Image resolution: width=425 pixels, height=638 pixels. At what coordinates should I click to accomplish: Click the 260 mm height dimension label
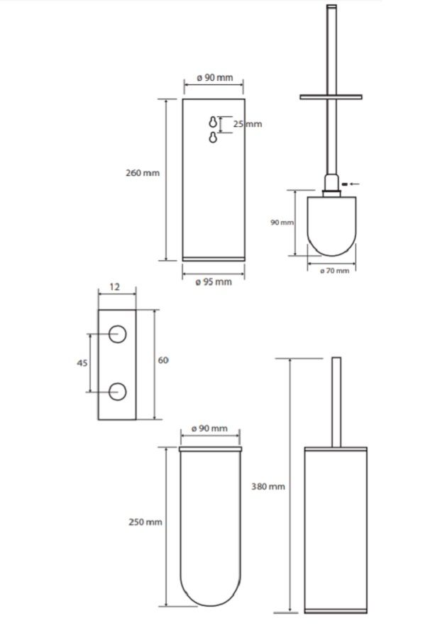pos(143,173)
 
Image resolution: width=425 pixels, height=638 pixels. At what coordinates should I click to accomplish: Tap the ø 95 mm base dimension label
pos(214,282)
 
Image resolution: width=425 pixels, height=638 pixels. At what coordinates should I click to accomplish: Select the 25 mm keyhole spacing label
pos(248,124)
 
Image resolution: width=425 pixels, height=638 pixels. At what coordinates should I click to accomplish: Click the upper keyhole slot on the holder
pos(213,122)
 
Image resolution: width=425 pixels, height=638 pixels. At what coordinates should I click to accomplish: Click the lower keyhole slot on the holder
pos(213,138)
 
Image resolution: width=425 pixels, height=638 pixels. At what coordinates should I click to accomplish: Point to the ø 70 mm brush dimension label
pos(335,271)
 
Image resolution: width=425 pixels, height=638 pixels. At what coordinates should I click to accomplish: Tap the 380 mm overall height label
pos(268,486)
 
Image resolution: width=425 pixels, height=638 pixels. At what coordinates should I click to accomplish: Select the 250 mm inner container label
pos(145,522)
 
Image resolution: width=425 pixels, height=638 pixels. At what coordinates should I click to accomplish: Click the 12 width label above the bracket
pos(115,287)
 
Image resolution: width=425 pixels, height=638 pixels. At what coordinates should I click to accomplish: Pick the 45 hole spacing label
pos(82,362)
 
